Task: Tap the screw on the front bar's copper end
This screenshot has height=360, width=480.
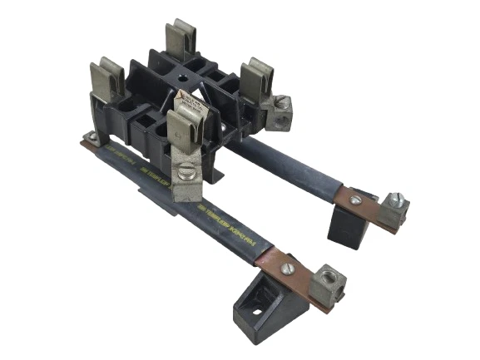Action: pyautogui.click(x=289, y=269)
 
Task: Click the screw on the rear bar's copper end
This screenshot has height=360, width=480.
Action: pyautogui.click(x=356, y=200)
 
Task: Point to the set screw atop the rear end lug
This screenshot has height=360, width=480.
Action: pyautogui.click(x=396, y=200)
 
